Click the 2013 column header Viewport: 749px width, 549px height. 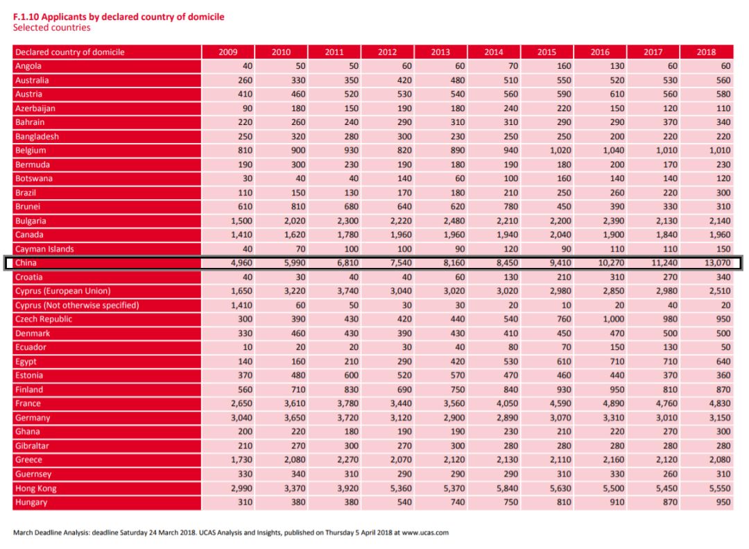point(440,52)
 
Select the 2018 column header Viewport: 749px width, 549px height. point(706,52)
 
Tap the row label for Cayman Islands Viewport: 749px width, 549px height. point(44,249)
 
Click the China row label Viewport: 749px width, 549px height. point(26,263)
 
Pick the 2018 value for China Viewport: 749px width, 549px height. point(717,263)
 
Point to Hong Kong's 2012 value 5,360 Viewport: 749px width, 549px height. point(400,488)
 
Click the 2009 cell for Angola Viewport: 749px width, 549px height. point(247,66)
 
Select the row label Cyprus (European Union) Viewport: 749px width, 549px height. point(62,292)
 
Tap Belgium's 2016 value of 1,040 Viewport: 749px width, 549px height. point(613,151)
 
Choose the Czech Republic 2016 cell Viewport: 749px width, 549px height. point(613,319)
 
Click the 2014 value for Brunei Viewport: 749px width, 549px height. point(510,207)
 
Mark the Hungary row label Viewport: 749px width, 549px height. point(31,502)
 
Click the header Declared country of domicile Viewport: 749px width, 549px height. point(70,52)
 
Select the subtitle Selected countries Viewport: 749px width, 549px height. point(51,28)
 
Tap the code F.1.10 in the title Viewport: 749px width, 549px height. point(26,17)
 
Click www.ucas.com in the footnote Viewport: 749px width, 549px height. point(425,533)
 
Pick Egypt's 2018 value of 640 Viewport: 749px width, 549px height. point(723,362)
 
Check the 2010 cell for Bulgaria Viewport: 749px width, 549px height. point(294,221)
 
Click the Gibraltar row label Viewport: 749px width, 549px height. point(32,446)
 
